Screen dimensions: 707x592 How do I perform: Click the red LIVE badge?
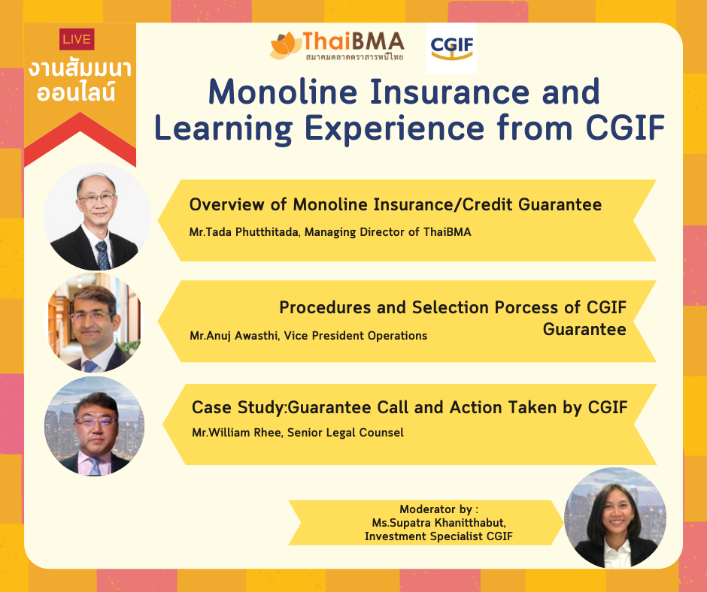tap(77, 39)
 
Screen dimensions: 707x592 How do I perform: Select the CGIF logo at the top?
tap(451, 48)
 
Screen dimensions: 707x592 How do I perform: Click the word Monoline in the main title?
tap(283, 92)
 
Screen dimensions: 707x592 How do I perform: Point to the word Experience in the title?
tap(395, 128)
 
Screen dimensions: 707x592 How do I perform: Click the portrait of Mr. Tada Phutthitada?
tap(97, 216)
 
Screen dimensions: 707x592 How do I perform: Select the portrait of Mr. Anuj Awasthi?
tap(94, 322)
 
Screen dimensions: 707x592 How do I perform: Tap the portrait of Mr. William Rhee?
tap(94, 426)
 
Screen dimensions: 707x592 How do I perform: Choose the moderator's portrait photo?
tap(615, 518)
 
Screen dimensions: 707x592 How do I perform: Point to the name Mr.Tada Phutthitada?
tap(244, 232)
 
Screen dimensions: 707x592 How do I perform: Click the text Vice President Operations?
tap(355, 336)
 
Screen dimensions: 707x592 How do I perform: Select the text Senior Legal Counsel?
tap(345, 433)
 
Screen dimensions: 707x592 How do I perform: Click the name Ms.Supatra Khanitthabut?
tap(438, 523)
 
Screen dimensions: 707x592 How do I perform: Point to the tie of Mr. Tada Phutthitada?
tap(103, 255)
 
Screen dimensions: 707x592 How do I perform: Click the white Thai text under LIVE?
tap(80, 81)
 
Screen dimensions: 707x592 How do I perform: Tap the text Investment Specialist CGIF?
tap(438, 536)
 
